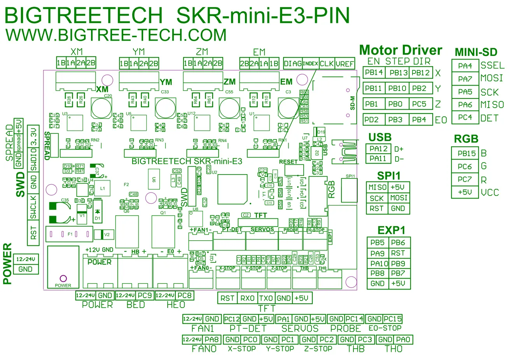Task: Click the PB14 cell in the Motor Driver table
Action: [374, 73]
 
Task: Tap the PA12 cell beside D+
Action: [378, 149]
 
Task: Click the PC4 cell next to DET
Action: [465, 117]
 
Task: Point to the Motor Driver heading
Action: [401, 50]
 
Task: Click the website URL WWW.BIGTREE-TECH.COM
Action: [116, 35]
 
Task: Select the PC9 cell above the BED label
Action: [145, 295]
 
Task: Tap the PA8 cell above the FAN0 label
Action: [212, 339]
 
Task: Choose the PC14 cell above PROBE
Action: [354, 319]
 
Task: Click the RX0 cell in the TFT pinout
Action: [247, 298]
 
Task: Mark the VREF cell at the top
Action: [345, 63]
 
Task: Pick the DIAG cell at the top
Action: [292, 63]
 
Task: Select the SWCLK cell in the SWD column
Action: [33, 208]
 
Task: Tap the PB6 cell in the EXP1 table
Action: [398, 243]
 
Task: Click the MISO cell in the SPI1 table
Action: [377, 187]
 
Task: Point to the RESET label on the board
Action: [288, 162]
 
